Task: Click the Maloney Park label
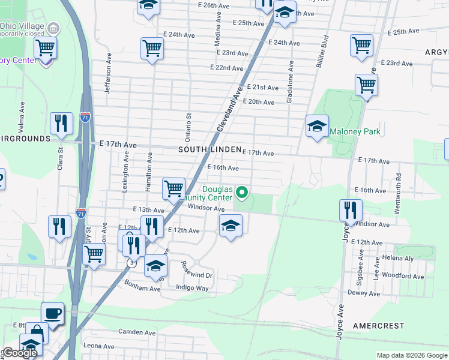tap(355, 131)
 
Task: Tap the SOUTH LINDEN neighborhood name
tap(209, 149)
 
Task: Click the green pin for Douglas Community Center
tap(243, 192)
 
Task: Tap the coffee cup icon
tap(53, 313)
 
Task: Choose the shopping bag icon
tap(37, 332)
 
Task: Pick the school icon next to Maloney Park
tap(317, 126)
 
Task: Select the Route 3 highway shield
tap(131, 263)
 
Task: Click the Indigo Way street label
tap(192, 288)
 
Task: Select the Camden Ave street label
tap(137, 332)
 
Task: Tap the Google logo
tap(19, 353)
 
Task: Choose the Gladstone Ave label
tap(290, 82)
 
